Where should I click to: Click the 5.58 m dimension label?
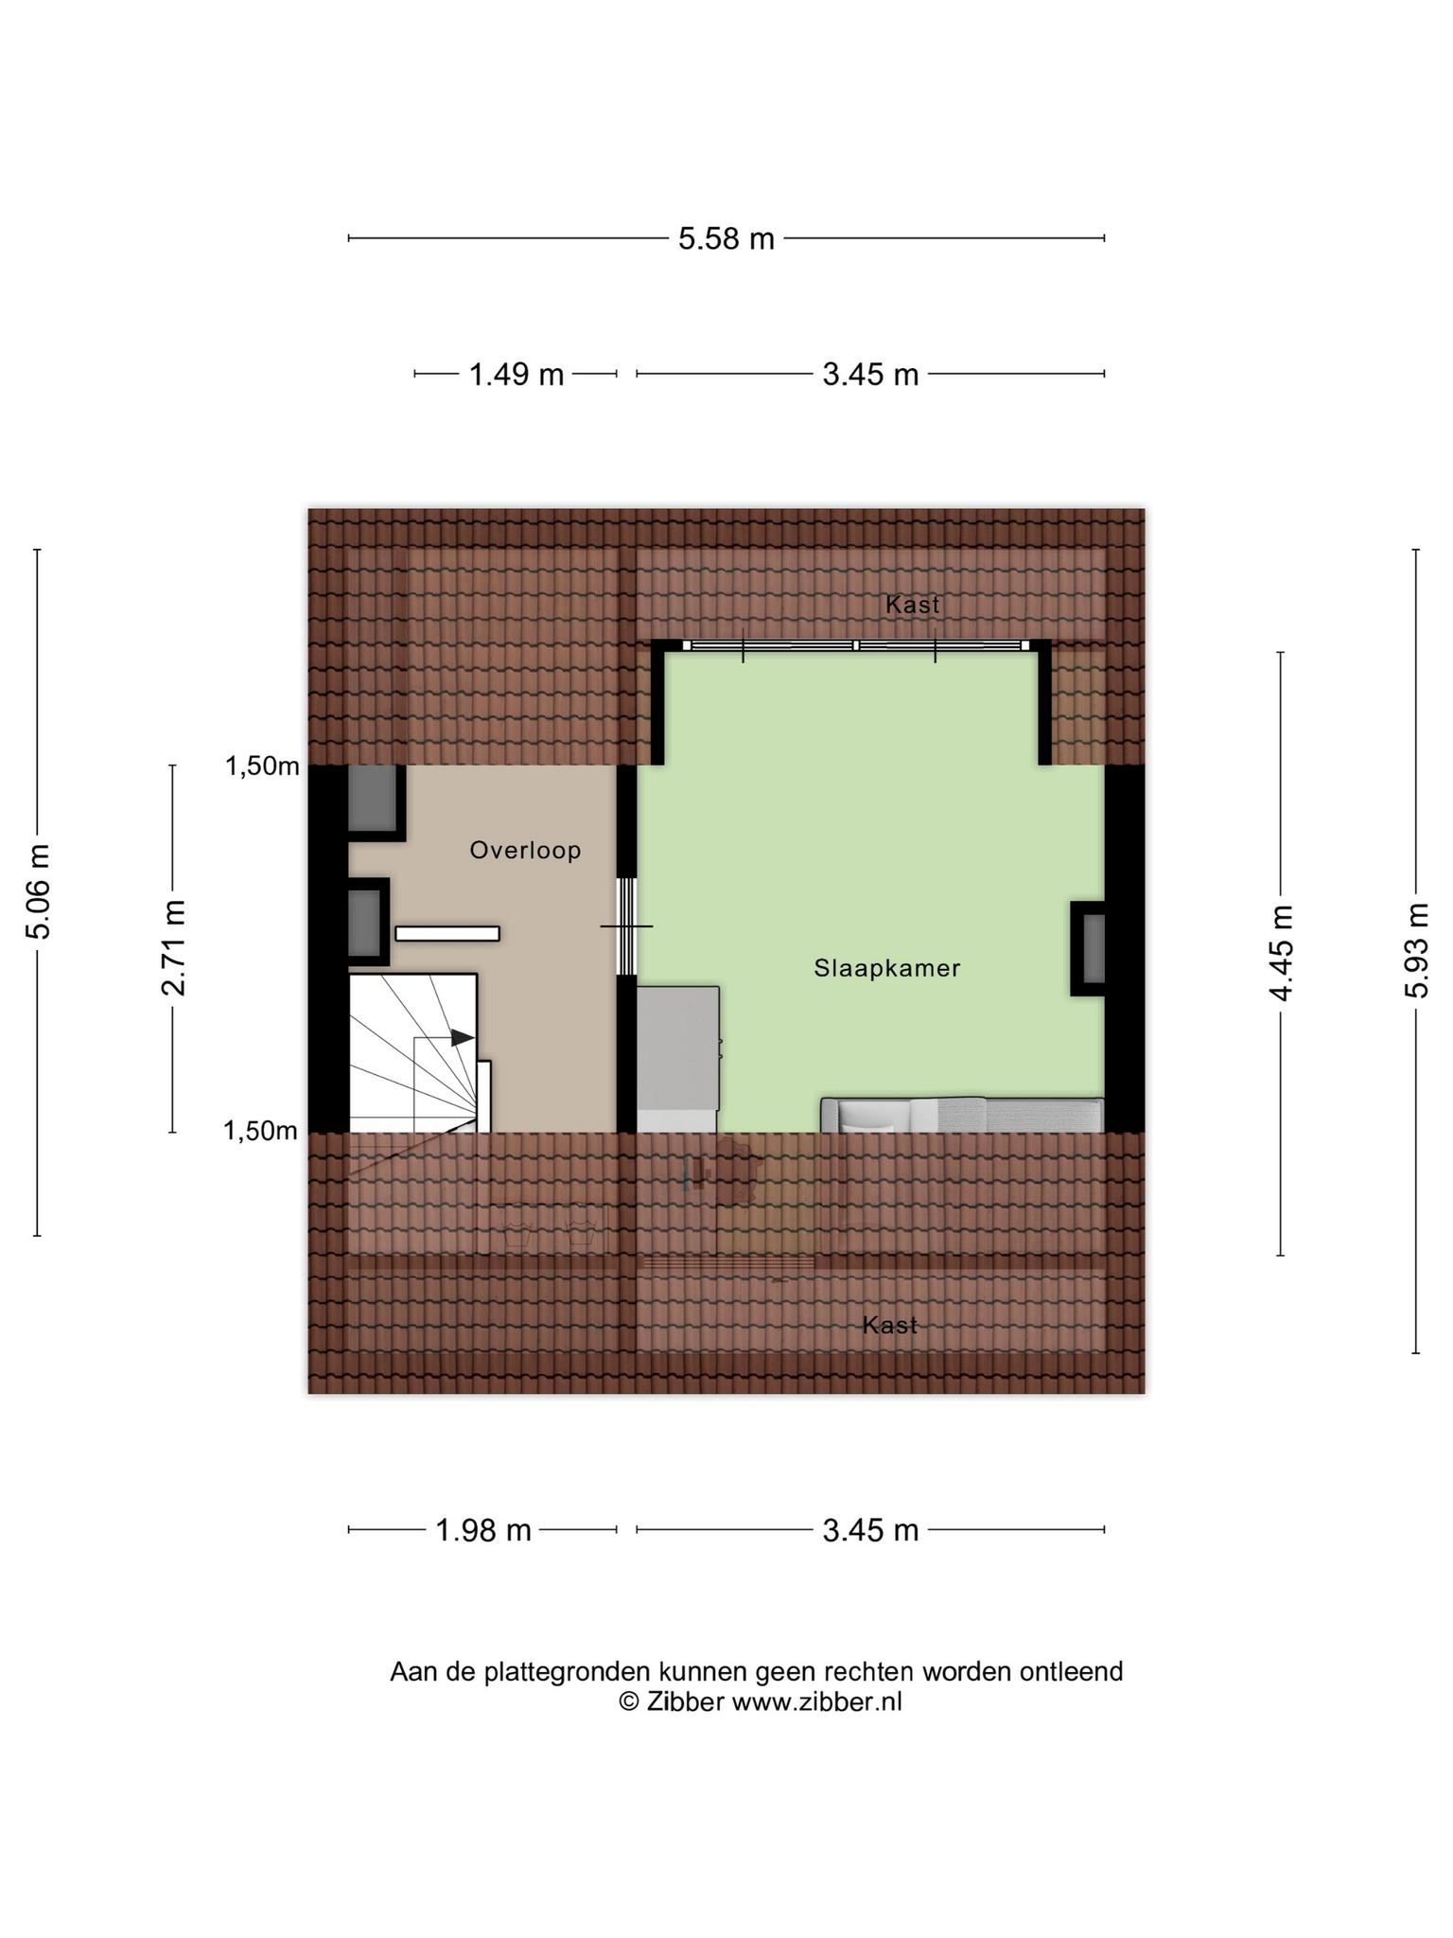tap(726, 238)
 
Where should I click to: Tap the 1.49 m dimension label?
tap(516, 375)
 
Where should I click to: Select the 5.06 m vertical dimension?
tap(38, 891)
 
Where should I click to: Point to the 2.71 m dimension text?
tap(172, 948)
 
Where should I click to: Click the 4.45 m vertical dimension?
tap(1281, 953)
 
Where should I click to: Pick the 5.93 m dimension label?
tap(1415, 949)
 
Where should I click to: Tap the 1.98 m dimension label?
tap(482, 1529)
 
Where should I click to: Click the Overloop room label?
tap(525, 851)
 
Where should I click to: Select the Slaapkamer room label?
tap(887, 968)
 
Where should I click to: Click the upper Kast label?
tap(913, 604)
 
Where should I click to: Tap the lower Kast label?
tap(890, 1325)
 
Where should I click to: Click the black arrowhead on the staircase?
tap(462, 1037)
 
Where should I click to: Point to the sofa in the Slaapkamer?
tap(962, 1115)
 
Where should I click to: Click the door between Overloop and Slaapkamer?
tap(626, 925)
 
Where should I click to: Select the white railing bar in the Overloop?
tap(446, 933)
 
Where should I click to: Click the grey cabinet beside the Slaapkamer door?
tap(677, 1048)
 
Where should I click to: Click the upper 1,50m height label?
tap(261, 766)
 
